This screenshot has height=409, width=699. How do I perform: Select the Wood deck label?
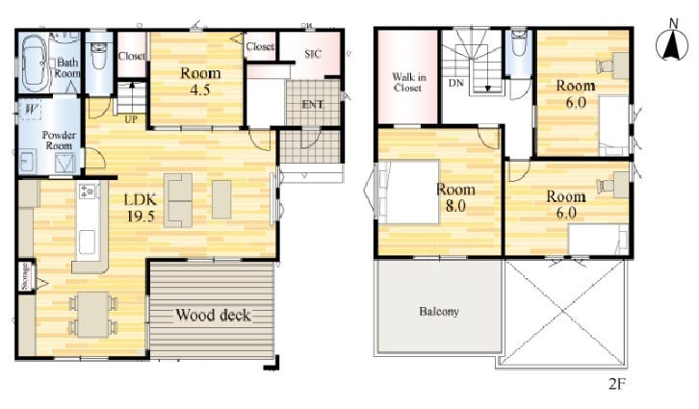tap(213, 316)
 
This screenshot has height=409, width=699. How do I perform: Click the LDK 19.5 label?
tap(141, 208)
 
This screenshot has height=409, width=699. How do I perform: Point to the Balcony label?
tap(439, 311)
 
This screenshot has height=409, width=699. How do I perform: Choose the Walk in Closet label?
tap(408, 83)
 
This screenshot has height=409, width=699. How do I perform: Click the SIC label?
tap(313, 54)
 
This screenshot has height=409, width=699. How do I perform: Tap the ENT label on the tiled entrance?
tap(313, 105)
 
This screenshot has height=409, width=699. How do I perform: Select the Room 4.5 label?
tap(200, 82)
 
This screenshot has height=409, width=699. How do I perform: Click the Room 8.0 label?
tap(455, 197)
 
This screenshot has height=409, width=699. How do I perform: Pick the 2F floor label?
tap(617, 384)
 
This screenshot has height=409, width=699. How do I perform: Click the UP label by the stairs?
tap(131, 120)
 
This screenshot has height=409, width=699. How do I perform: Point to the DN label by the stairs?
tap(455, 83)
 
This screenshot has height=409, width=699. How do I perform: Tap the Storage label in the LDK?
tap(25, 276)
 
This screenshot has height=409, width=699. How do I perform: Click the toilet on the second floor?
tap(518, 42)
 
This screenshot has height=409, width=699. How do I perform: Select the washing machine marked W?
tap(30, 110)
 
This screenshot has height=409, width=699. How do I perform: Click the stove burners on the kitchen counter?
tap(87, 191)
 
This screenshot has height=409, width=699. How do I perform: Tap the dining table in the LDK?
tap(92, 315)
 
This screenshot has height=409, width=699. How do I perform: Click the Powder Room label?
tap(59, 141)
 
